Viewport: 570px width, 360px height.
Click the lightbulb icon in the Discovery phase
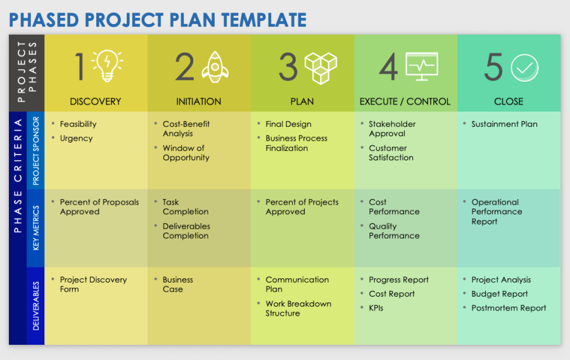pyautogui.click(x=107, y=66)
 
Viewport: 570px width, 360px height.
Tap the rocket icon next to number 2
pyautogui.click(x=215, y=67)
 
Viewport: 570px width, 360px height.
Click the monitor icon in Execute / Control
pyautogui.click(x=421, y=67)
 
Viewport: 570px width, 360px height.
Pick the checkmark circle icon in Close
pyautogui.click(x=524, y=67)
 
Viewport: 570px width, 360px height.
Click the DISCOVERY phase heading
pyautogui.click(x=96, y=101)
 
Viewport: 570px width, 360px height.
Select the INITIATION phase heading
pyautogui.click(x=198, y=101)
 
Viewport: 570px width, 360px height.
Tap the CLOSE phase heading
pyautogui.click(x=509, y=101)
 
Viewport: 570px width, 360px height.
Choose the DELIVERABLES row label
pyautogui.click(x=35, y=306)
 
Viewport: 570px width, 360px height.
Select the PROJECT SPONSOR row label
pyautogui.click(x=35, y=150)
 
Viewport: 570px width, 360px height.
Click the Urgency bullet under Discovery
pyautogui.click(x=76, y=138)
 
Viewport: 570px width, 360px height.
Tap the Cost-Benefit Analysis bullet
pyautogui.click(x=186, y=129)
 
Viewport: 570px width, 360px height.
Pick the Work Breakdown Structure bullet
pyautogui.click(x=298, y=309)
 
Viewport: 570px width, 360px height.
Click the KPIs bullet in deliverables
pyautogui.click(x=376, y=308)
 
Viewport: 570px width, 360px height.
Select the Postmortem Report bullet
pyautogui.click(x=509, y=308)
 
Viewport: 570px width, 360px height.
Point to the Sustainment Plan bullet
pyautogui.click(x=504, y=124)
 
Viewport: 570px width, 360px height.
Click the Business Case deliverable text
pyautogui.click(x=177, y=285)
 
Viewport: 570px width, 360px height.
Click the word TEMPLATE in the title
pyautogui.click(x=265, y=20)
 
